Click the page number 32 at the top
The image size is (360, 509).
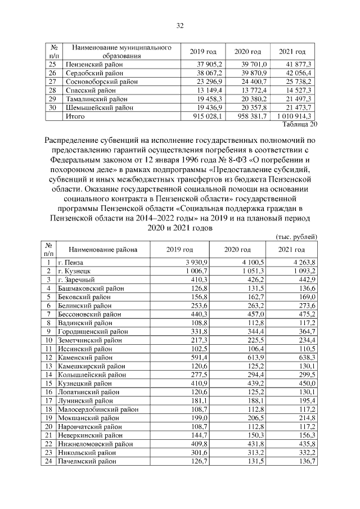click(x=180, y=26)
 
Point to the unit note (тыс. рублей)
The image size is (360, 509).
click(x=296, y=237)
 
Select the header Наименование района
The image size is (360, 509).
click(x=102, y=249)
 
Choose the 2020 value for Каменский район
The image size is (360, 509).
click(x=245, y=357)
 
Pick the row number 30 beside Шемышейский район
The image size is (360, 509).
click(x=52, y=107)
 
